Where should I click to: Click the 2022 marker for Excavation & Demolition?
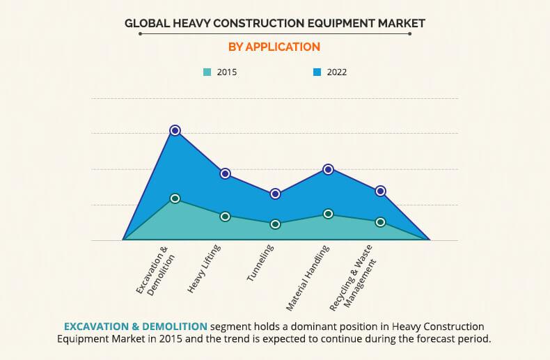click(175, 130)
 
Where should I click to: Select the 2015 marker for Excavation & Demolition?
click(175, 198)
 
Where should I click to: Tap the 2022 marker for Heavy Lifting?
click(225, 173)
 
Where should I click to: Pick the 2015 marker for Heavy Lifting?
click(225, 217)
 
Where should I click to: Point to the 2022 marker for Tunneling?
click(275, 194)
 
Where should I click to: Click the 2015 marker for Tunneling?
click(275, 224)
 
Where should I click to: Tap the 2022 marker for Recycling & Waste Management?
click(380, 191)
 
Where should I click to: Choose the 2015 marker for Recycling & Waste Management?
click(380, 222)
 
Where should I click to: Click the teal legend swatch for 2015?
click(207, 72)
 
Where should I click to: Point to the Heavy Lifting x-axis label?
click(204, 269)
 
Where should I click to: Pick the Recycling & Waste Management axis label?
click(356, 279)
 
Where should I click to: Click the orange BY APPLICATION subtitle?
click(274, 47)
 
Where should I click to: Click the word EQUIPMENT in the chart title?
click(333, 23)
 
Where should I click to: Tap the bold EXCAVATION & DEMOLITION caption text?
click(135, 326)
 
